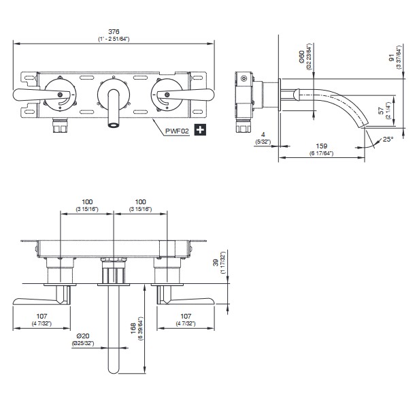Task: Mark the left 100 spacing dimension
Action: coord(87,202)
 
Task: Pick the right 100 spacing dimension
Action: coord(139,202)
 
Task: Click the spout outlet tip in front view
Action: coord(113,125)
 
